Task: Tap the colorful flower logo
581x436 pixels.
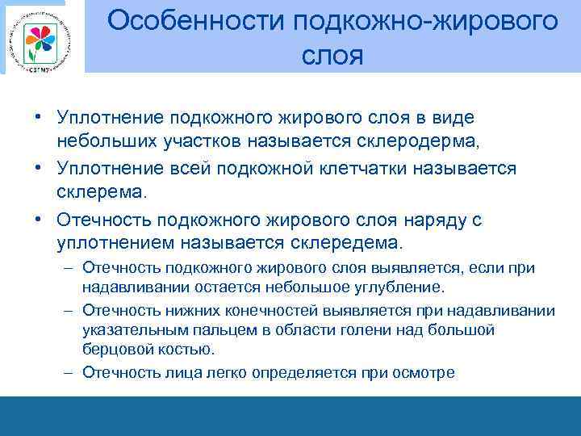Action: pos(39,38)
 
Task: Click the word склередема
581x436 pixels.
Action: pos(353,242)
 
